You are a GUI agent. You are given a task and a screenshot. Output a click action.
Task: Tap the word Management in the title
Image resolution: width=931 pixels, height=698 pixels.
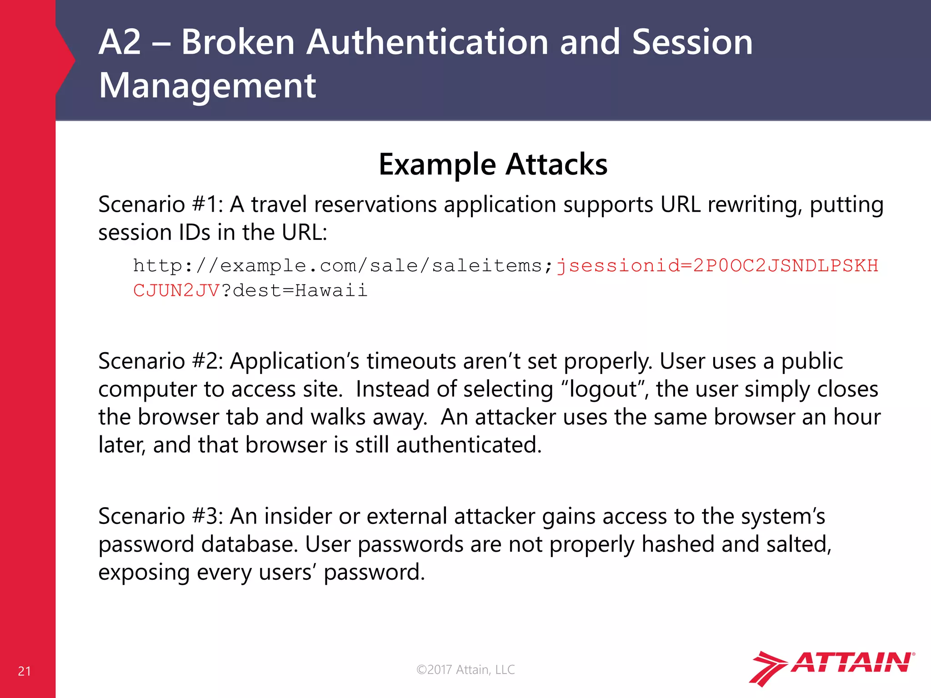click(207, 85)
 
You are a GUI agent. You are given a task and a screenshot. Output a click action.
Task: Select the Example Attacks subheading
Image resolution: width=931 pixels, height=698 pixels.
click(493, 165)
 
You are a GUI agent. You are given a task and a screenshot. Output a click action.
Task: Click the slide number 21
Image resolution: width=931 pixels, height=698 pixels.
click(25, 671)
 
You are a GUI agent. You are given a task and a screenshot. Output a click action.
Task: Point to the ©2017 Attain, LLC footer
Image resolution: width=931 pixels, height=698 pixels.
click(465, 669)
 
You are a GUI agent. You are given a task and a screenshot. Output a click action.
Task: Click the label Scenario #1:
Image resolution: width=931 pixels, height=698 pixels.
click(160, 204)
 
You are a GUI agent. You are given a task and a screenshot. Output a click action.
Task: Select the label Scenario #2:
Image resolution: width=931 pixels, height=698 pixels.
click(160, 361)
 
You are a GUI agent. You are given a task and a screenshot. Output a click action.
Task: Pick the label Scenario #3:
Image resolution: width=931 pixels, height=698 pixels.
click(160, 516)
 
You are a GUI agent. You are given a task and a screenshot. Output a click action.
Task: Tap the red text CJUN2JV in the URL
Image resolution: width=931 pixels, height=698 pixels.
click(176, 290)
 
